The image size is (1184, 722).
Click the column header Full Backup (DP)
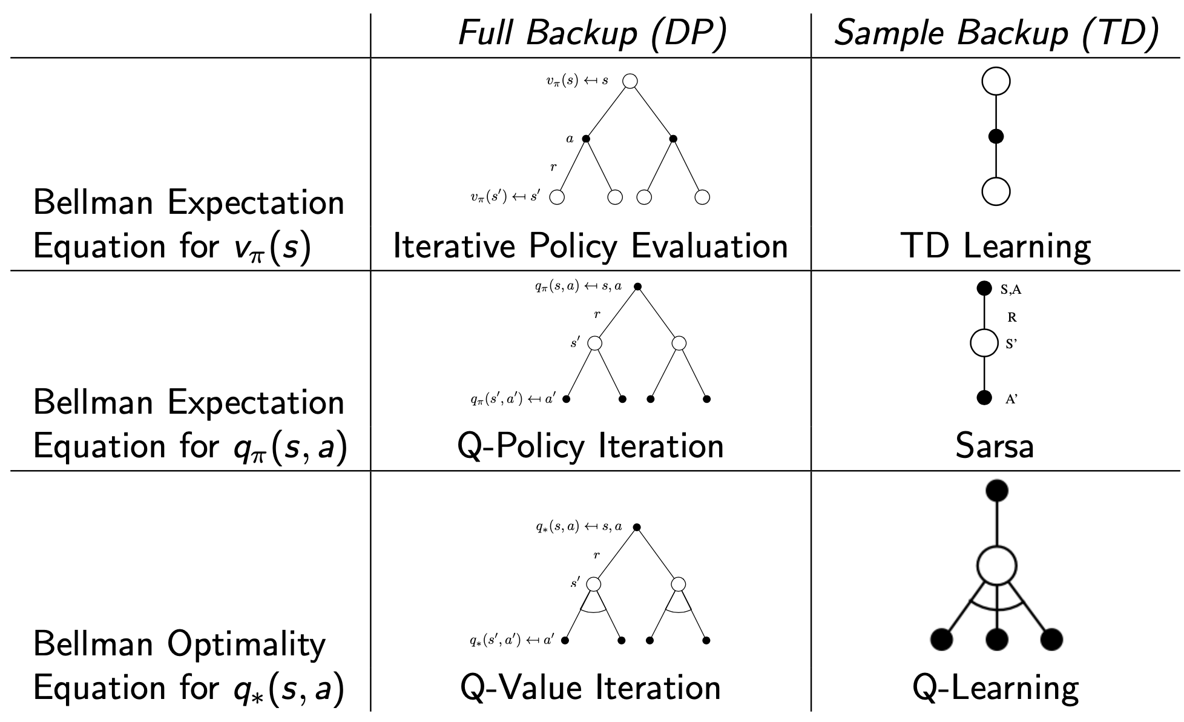(x=592, y=33)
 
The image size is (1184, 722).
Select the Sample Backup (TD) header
(x=996, y=33)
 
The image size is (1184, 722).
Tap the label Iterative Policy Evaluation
(x=591, y=247)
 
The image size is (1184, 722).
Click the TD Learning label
(x=996, y=247)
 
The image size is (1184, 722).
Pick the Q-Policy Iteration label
(x=591, y=446)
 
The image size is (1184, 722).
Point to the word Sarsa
(x=995, y=446)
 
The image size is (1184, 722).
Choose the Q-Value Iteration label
(x=591, y=688)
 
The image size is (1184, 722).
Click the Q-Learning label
(x=996, y=688)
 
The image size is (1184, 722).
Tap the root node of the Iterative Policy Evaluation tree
(x=630, y=81)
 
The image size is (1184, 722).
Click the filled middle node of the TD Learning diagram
(x=996, y=136)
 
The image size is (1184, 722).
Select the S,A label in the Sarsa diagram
(x=1010, y=290)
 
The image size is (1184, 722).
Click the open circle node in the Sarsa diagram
(x=984, y=343)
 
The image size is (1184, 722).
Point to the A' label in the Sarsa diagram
(x=1011, y=399)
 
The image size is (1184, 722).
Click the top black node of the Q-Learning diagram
(x=996, y=490)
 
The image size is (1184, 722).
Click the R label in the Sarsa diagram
(x=1011, y=317)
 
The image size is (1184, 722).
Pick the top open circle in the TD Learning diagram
(x=996, y=81)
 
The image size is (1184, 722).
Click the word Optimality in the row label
(x=246, y=644)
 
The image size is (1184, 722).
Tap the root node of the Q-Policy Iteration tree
(x=637, y=286)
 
